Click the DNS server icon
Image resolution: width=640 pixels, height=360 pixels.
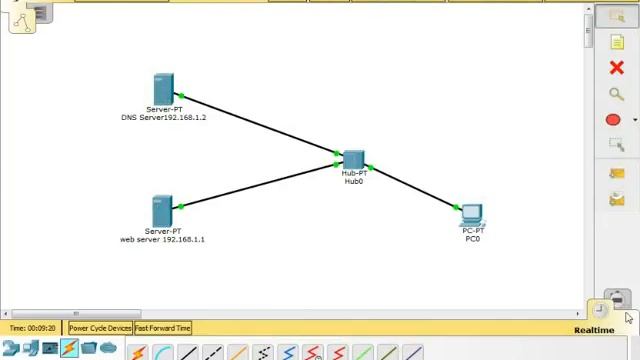point(164,89)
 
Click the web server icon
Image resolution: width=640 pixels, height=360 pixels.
point(163,211)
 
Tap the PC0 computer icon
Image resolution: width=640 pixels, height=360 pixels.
point(472,215)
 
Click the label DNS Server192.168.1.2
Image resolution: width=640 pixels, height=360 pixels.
point(164,118)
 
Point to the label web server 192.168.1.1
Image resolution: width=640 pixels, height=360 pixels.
point(162,240)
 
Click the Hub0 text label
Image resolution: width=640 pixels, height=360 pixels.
point(354,182)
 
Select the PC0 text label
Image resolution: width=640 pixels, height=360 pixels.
point(472,239)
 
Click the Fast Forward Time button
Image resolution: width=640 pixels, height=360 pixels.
point(163,328)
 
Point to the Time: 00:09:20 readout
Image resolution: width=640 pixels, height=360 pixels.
point(33,328)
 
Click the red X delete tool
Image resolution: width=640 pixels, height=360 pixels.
point(616,68)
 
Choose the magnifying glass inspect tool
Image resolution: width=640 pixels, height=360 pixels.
point(616,94)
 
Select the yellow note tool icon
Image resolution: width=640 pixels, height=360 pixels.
point(616,42)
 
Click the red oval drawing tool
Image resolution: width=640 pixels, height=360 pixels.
point(613,120)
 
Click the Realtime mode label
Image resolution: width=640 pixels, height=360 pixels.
point(594,330)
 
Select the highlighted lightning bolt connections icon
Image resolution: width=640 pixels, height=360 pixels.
point(69,348)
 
